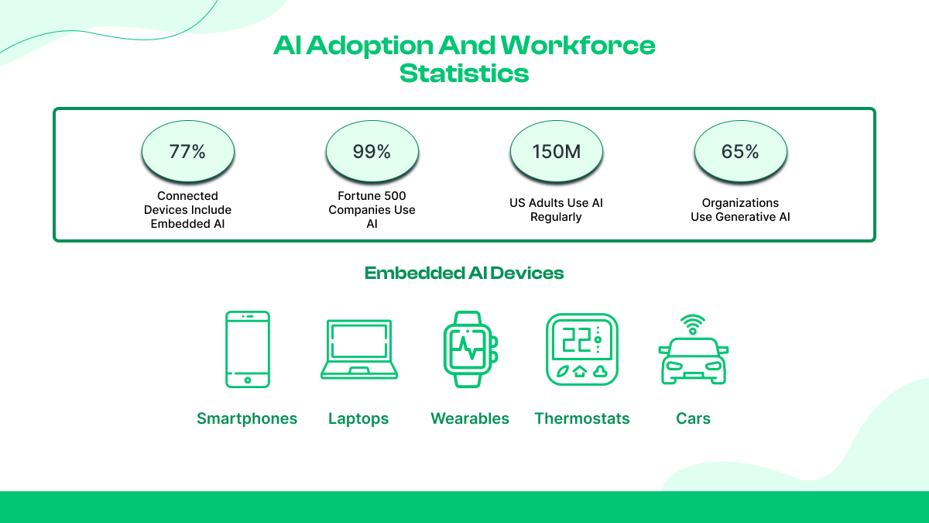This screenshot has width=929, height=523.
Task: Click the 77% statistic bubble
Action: coord(188,151)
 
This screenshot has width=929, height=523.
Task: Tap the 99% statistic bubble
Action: coord(372,151)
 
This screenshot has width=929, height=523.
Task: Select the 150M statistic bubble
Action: coord(556,151)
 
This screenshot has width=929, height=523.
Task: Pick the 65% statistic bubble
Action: coord(740,151)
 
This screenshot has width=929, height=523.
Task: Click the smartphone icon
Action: coord(248,349)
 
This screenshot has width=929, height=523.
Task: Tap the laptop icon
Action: coord(359,349)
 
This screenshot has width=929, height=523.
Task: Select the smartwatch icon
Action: coord(470,349)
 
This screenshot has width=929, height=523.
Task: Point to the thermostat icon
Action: coord(582,349)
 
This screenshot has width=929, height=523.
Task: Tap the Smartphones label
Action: coord(247,418)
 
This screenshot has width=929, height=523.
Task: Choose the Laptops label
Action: coord(358,418)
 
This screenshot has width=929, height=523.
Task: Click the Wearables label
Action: coord(470,418)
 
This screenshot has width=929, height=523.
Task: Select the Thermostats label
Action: coord(582,418)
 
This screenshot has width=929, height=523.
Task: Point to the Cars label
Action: coord(693,418)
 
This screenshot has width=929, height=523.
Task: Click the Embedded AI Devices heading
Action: coord(464,273)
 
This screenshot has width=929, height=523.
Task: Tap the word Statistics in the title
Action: coord(464,74)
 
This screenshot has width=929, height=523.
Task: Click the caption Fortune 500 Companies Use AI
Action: coord(372,210)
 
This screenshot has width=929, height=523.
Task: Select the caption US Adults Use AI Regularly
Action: coord(556,210)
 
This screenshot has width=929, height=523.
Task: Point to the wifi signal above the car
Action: coord(693,325)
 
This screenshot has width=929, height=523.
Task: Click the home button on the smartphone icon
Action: coord(248,380)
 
